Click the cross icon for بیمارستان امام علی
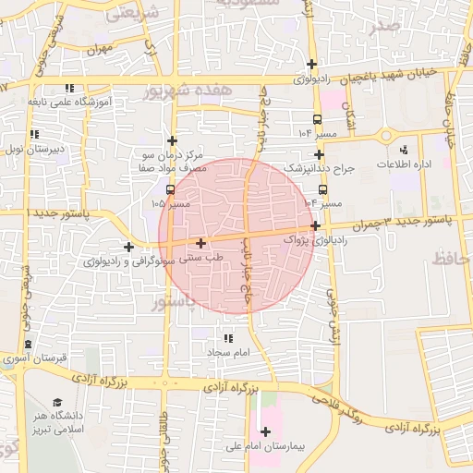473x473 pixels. click(266, 431)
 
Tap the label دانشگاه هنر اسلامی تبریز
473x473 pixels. click(56, 422)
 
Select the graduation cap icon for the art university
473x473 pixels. click(57, 403)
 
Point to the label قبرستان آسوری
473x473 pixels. click(30, 357)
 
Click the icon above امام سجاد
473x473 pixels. click(227, 339)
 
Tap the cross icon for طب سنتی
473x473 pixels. click(201, 243)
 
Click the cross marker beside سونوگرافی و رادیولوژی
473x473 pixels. click(128, 247)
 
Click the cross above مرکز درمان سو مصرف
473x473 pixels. click(172, 140)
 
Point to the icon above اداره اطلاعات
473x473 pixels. click(403, 150)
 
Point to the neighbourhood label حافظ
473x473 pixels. click(455, 261)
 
